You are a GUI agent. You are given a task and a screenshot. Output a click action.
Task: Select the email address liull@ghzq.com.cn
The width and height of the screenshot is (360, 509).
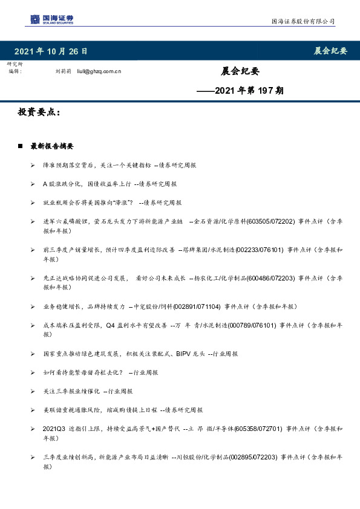(x=99, y=71)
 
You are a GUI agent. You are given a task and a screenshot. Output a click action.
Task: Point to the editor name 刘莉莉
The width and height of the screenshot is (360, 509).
(x=64, y=71)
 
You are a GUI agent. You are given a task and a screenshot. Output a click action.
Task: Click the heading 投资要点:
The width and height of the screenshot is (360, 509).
(x=39, y=112)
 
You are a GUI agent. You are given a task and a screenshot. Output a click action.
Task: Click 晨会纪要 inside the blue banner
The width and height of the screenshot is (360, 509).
(x=330, y=51)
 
